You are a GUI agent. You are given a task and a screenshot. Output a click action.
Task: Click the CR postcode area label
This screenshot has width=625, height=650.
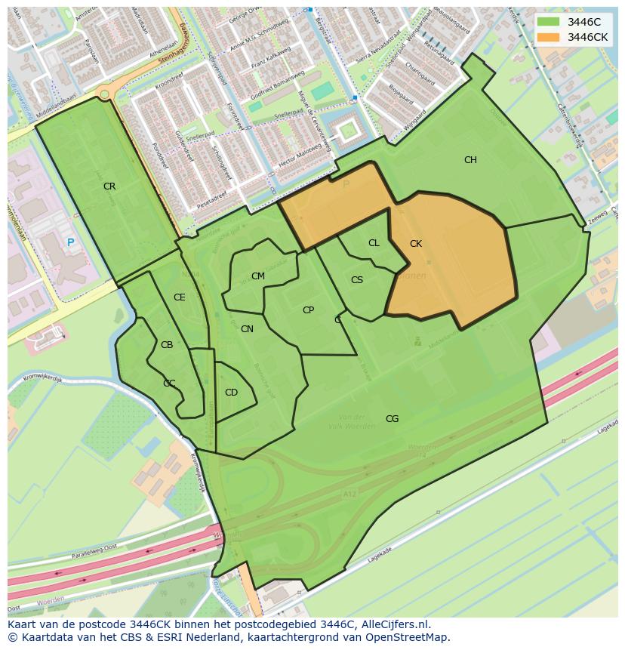[109, 186]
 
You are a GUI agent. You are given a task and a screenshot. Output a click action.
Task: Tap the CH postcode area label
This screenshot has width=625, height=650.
[470, 160]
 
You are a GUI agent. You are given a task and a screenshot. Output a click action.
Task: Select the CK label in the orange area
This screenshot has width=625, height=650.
[416, 244]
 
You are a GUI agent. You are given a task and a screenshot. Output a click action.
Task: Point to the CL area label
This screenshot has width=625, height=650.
[374, 243]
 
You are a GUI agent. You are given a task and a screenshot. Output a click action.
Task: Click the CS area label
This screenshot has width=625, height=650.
[357, 280]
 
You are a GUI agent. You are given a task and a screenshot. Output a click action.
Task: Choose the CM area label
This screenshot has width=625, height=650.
[258, 276]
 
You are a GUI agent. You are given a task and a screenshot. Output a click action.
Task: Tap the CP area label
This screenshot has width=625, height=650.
[308, 310]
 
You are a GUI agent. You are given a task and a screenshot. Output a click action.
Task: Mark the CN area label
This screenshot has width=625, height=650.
[247, 329]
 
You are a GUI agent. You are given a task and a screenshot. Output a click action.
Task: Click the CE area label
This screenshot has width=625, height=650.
[179, 297]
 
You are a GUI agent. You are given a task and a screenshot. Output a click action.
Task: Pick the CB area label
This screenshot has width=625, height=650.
[167, 345]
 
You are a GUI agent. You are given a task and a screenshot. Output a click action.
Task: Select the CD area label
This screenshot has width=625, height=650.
[231, 393]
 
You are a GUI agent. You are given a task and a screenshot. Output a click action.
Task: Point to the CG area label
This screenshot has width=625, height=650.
[392, 419]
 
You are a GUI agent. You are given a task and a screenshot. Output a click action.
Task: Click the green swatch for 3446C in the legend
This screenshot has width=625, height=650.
[549, 22]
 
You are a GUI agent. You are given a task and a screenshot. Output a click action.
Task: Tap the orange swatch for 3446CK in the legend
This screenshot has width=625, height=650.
[549, 37]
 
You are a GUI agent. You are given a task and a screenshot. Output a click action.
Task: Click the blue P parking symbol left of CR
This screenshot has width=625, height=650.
[70, 242]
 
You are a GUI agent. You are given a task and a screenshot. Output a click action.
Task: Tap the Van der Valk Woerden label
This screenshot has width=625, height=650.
[352, 421]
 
